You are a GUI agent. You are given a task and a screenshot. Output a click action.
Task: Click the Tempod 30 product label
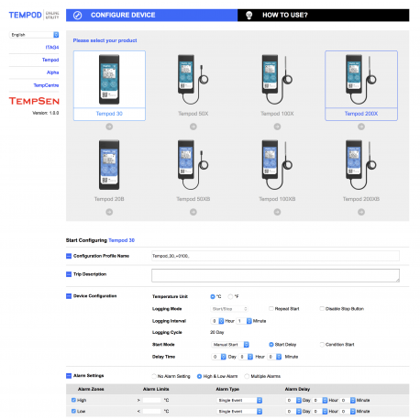(108, 114)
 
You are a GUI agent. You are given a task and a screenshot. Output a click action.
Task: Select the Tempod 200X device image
(360, 77)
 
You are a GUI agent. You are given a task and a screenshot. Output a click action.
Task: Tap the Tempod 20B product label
(108, 198)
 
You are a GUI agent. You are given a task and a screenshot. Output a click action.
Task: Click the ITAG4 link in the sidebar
(51, 47)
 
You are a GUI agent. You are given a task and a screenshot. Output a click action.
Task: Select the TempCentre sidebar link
(46, 85)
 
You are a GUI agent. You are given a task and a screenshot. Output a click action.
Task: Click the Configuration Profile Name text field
(274, 255)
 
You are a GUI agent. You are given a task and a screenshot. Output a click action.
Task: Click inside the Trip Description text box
(274, 274)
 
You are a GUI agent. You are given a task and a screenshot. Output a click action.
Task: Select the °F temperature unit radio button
(230, 296)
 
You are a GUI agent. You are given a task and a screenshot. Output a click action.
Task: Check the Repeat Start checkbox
(271, 308)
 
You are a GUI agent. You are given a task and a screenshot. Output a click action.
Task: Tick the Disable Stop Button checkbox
(322, 308)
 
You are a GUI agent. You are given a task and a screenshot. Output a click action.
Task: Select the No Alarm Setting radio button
(154, 376)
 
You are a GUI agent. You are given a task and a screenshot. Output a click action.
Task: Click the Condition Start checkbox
(322, 344)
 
